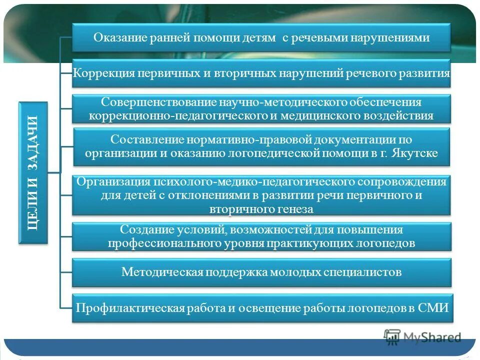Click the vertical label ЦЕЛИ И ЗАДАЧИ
[33, 172]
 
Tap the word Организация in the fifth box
[109, 182]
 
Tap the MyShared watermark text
[432, 337]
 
